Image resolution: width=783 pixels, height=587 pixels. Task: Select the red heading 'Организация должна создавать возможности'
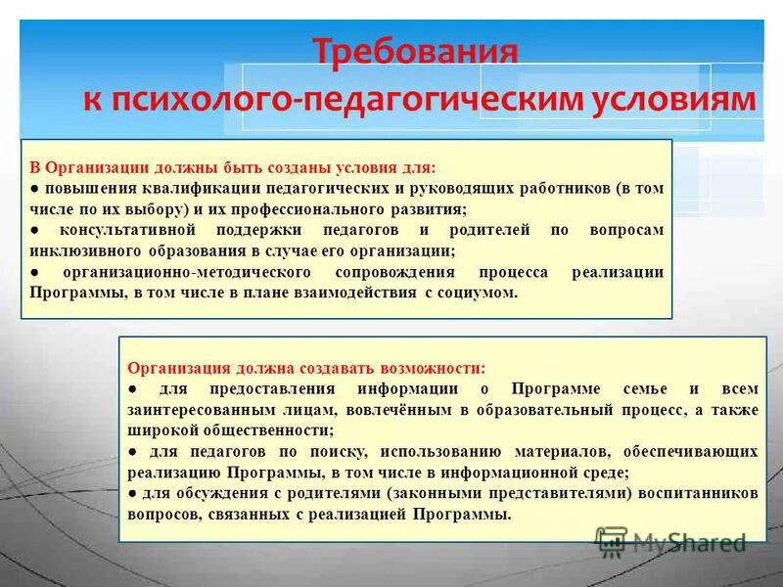click(x=305, y=369)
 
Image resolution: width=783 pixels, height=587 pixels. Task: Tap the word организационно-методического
click(x=186, y=272)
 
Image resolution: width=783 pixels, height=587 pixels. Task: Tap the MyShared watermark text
click(x=689, y=541)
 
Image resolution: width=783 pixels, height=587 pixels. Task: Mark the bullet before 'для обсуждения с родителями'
click(x=133, y=495)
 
